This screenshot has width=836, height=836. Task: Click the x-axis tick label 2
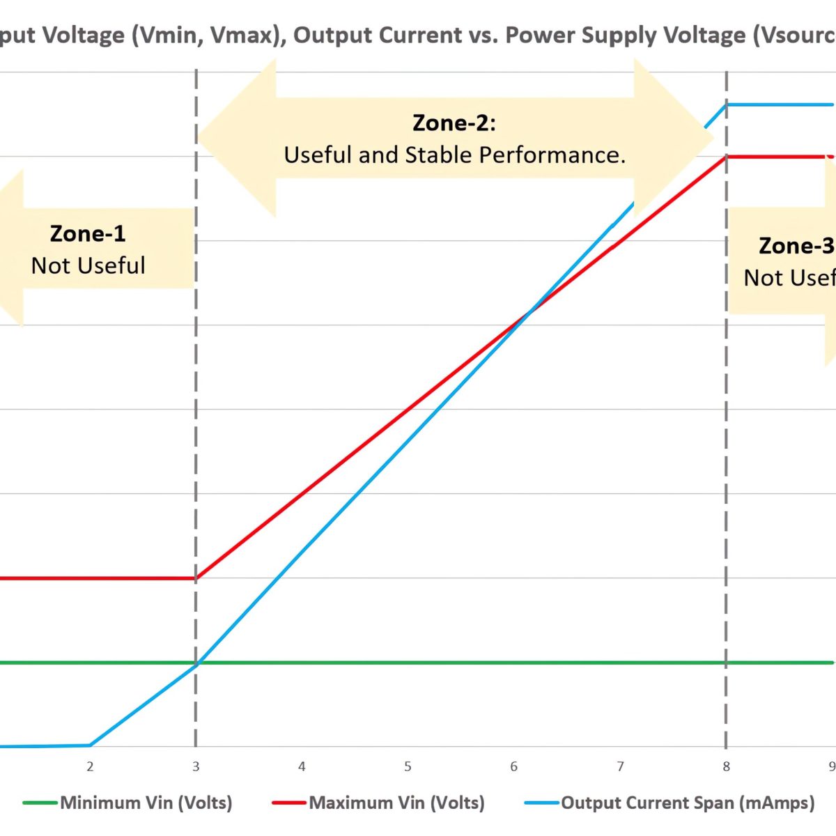tap(90, 766)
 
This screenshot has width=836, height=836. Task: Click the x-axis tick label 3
tap(196, 766)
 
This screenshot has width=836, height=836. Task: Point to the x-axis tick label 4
tap(302, 766)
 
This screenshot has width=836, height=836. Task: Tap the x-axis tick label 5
tap(408, 766)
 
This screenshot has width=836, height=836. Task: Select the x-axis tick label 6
tap(513, 766)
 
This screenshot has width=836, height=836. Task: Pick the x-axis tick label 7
tap(620, 766)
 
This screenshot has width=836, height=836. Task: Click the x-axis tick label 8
tap(726, 766)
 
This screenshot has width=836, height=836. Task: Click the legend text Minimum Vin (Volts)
tap(146, 803)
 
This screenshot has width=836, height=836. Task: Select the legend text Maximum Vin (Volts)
tap(396, 803)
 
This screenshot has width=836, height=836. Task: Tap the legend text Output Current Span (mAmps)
tap(688, 803)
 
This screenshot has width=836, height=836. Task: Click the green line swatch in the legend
tap(40, 803)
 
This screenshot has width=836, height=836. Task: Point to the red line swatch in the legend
tap(288, 803)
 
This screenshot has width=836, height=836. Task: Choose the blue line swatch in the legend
tap(541, 803)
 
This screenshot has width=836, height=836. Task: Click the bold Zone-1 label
tap(88, 233)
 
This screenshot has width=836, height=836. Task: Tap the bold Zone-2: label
tap(454, 123)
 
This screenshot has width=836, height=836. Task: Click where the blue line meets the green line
tap(196, 663)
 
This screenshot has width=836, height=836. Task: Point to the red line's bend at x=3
tap(196, 578)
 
